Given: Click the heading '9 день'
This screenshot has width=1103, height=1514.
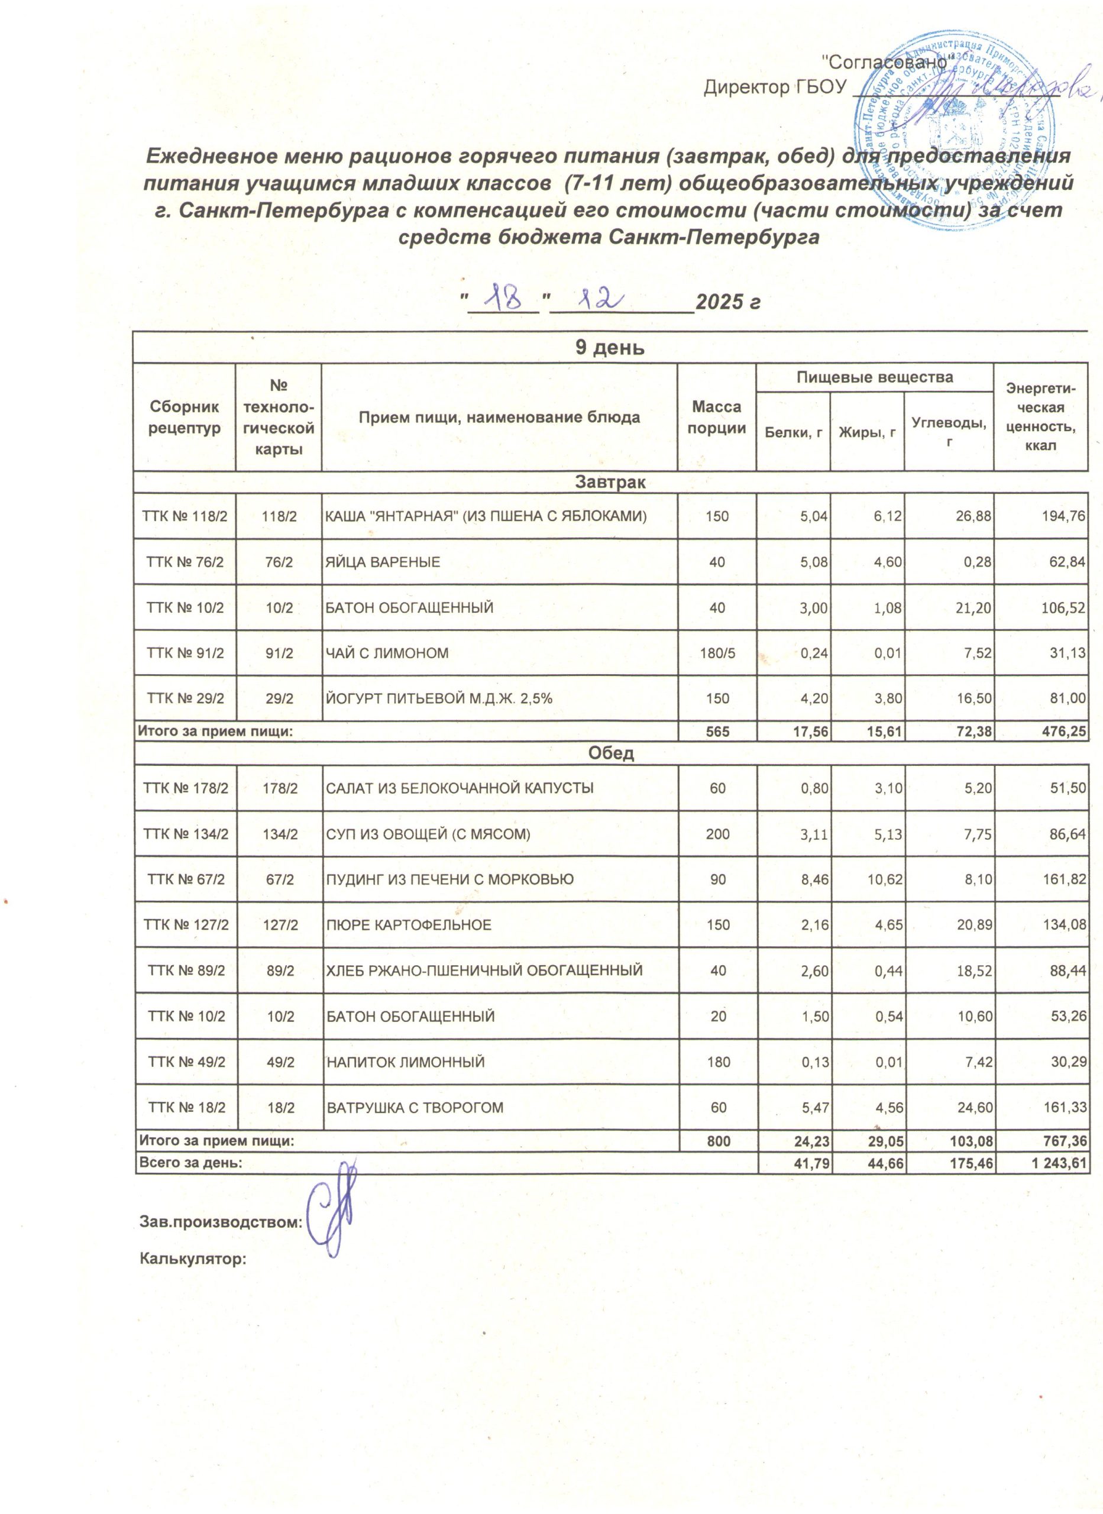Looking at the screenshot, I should pyautogui.click(x=610, y=348).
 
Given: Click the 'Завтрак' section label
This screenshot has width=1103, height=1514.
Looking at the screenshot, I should pyautogui.click(x=610, y=482).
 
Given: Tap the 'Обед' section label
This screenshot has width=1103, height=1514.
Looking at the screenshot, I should pyautogui.click(x=610, y=753).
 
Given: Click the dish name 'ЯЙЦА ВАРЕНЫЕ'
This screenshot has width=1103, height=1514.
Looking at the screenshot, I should pyautogui.click(x=383, y=562).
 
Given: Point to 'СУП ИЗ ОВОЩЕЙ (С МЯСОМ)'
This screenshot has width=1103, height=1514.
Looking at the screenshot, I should pyautogui.click(x=428, y=834).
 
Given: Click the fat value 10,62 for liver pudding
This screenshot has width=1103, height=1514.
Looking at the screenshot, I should pyautogui.click(x=885, y=879).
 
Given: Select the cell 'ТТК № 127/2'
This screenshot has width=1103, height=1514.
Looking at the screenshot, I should pyautogui.click(x=185, y=924).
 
